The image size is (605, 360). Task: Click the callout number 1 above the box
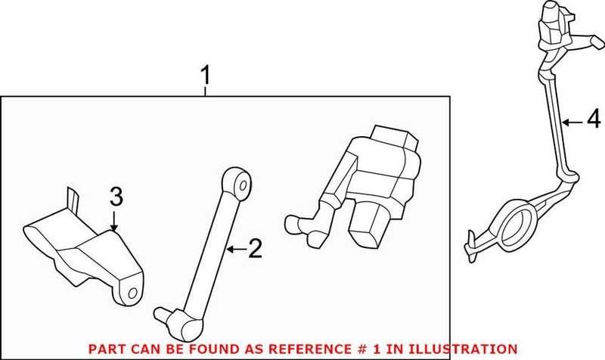[203, 76]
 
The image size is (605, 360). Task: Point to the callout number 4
[593, 119]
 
